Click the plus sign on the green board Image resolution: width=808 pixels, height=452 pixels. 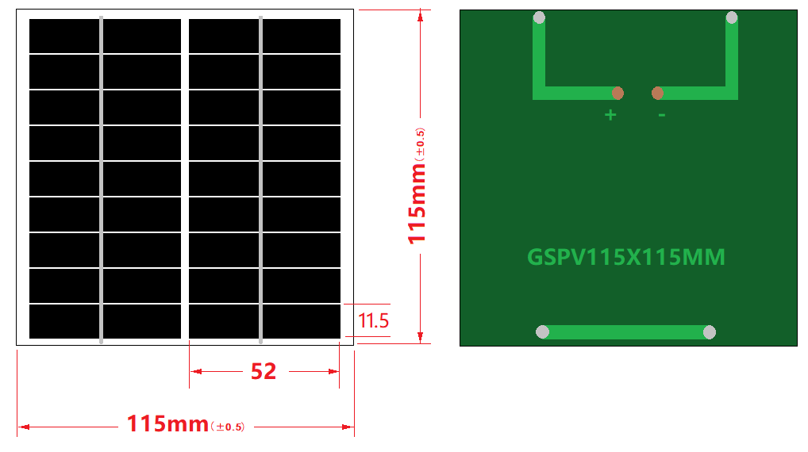pos(610,115)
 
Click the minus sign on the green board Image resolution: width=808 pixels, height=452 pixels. pos(661,116)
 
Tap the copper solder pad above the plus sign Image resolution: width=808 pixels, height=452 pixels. pos(618,94)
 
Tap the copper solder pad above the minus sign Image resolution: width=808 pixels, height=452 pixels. pos(657,94)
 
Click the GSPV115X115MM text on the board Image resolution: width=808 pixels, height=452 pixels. pos(626,258)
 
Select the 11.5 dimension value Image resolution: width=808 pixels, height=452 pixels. pos(373,321)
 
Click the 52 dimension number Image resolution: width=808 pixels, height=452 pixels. pos(264,371)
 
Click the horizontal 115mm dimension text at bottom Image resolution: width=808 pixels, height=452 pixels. pos(167,424)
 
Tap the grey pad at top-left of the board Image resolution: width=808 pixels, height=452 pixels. pos(539,17)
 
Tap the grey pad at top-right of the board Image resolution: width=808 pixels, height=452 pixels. pos(732,17)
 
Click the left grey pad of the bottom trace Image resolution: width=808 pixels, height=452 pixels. pos(543,332)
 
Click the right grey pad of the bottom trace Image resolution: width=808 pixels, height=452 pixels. pos(710,332)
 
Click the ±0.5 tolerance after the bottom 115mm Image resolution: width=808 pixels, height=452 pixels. pos(227,427)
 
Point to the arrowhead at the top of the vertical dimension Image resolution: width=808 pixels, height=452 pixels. pos(421,15)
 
